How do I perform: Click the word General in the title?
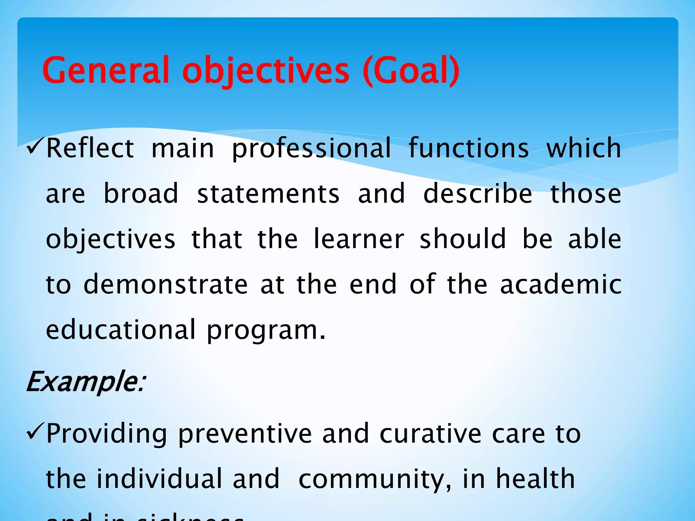(x=106, y=71)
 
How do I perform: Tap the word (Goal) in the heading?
(x=411, y=71)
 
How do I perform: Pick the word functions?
(x=469, y=148)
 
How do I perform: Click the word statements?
(x=268, y=194)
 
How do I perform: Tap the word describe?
(x=477, y=194)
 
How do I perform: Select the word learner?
(x=359, y=239)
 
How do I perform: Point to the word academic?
(x=561, y=284)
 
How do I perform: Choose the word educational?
(x=121, y=330)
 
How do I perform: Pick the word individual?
(x=158, y=479)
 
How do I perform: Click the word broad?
(x=141, y=194)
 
